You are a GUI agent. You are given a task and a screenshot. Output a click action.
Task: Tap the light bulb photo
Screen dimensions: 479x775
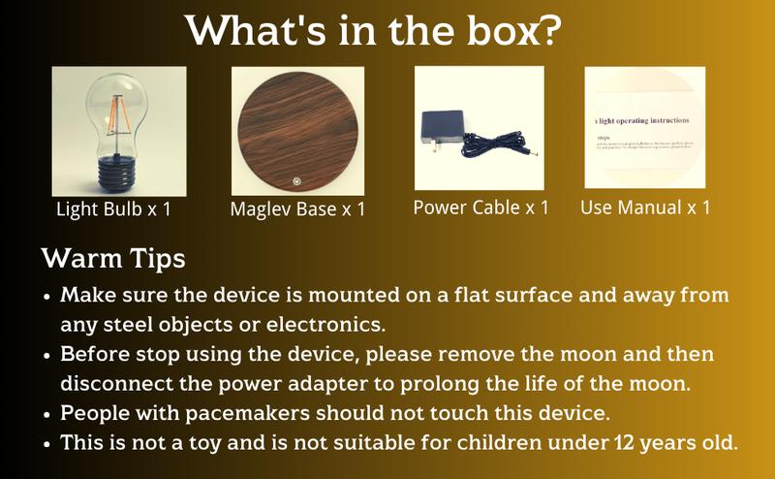pyautogui.click(x=119, y=129)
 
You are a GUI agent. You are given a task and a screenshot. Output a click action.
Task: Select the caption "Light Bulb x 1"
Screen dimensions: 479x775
pyautogui.click(x=119, y=208)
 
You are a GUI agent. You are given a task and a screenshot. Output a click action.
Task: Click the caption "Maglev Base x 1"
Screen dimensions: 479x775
pyautogui.click(x=298, y=209)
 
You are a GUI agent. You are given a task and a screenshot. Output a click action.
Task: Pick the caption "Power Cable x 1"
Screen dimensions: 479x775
pyautogui.click(x=480, y=208)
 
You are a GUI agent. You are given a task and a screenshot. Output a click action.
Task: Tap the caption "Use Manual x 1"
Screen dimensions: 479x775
pyautogui.click(x=645, y=208)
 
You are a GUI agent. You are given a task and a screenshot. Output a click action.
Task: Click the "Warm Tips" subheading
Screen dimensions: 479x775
pyautogui.click(x=113, y=260)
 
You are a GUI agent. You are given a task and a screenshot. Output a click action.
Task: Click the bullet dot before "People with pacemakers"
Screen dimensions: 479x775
pyautogui.click(x=47, y=414)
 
